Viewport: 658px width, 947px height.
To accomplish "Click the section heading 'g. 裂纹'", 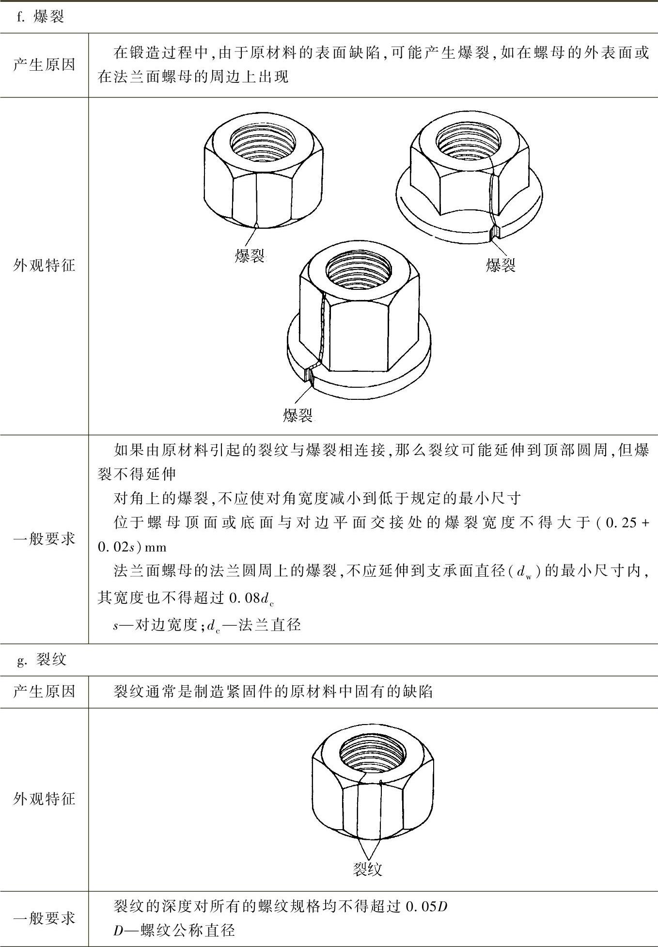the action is [42, 660].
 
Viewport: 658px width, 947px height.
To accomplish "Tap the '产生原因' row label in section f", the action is [44, 65].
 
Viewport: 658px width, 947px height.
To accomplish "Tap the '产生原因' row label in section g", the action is [44, 692].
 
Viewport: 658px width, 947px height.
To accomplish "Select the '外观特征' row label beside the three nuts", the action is [44, 266].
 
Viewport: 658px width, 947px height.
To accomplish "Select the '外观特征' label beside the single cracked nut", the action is [44, 799].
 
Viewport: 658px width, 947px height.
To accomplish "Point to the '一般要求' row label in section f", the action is [44, 539].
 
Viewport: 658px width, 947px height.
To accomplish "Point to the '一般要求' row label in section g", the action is [44, 918].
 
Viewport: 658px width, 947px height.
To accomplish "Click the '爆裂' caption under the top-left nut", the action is [250, 256].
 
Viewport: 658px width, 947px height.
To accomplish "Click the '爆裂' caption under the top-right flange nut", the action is [501, 265].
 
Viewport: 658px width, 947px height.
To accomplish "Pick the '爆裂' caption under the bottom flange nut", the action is [298, 415].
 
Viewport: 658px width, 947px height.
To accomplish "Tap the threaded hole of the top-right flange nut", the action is [468, 142].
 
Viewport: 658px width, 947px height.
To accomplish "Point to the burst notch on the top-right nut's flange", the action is [495, 234].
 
